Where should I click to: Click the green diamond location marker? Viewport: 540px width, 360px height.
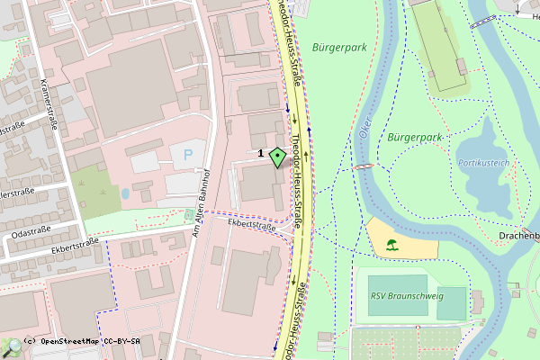tap(277, 157)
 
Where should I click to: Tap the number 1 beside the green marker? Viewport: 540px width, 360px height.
tap(261, 154)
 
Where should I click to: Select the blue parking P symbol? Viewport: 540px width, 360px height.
tap(188, 155)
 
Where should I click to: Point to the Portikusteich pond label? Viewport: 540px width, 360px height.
tap(483, 164)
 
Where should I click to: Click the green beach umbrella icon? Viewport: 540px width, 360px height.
tap(391, 244)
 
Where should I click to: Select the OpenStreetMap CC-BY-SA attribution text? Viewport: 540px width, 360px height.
tap(88, 342)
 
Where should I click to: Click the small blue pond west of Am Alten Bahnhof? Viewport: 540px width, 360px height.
tap(125, 193)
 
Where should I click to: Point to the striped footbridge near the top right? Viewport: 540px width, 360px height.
tap(483, 22)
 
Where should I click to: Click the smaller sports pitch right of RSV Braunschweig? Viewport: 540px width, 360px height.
tap(452, 302)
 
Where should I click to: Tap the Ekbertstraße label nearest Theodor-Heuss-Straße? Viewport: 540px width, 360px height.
tap(251, 226)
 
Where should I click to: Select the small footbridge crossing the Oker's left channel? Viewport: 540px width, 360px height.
tap(363, 167)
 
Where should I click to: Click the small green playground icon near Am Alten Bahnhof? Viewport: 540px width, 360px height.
tap(189, 215)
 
